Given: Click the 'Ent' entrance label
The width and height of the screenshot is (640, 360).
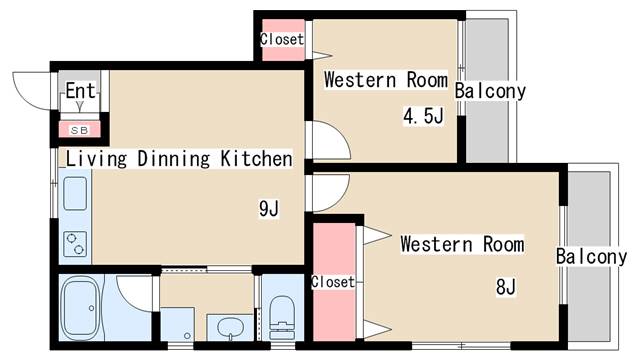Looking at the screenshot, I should click(x=80, y=92).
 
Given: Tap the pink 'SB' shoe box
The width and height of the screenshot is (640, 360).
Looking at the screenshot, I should click(x=79, y=129).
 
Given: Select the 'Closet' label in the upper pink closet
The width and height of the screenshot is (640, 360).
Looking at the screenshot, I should click(x=281, y=39).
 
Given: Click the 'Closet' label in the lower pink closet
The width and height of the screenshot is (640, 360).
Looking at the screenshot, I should click(x=332, y=282).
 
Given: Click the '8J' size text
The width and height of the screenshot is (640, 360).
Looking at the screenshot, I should click(x=505, y=288).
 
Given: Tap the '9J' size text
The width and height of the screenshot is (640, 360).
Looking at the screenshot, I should click(x=268, y=208).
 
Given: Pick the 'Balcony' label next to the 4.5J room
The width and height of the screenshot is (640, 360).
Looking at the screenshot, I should click(x=490, y=91).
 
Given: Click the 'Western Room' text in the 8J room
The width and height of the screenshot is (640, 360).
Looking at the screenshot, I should click(x=462, y=244).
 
